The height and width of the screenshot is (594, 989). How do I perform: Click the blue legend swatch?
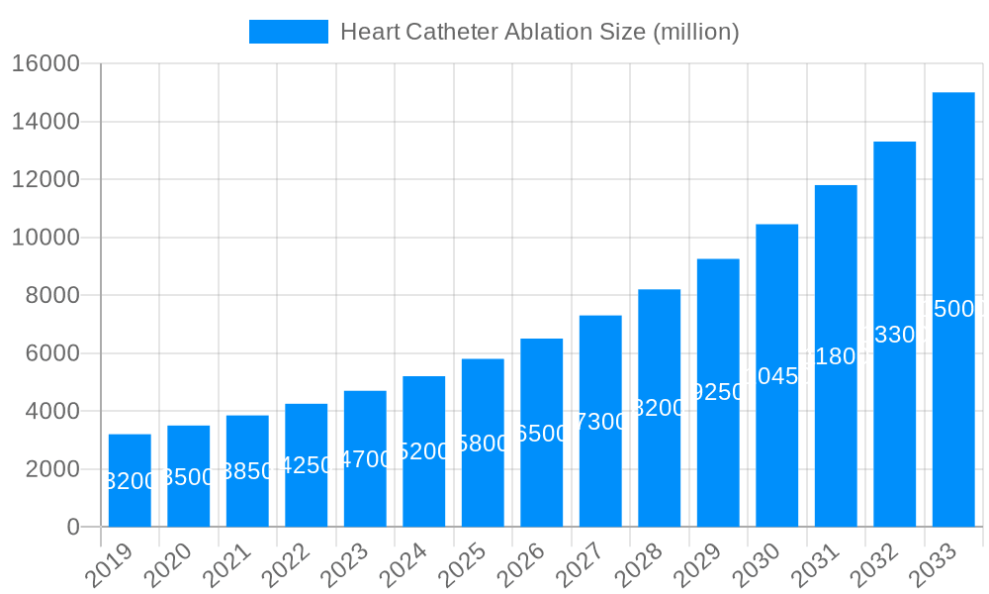288,32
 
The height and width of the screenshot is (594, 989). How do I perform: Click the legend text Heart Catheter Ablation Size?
539,32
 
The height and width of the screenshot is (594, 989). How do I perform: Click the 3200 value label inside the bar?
130,481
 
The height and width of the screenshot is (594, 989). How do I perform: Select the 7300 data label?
600,422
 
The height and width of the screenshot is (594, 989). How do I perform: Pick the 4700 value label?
365,459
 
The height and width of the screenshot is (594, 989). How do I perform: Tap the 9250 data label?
718,392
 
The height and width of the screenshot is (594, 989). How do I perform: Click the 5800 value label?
483,444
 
